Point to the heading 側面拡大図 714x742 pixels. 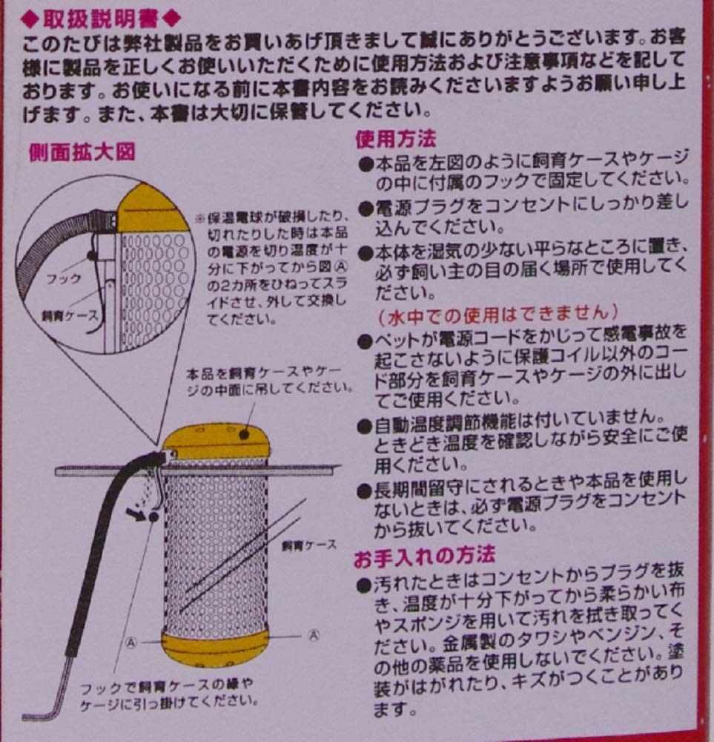[x=82, y=152]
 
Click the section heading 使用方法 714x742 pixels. [x=396, y=139]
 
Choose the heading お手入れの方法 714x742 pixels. [x=424, y=556]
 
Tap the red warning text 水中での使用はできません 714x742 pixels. [x=498, y=314]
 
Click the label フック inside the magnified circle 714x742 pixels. [x=63, y=279]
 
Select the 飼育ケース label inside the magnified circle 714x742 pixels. [x=70, y=315]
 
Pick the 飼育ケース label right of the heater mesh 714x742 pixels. [x=308, y=545]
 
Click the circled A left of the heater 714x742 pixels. [x=131, y=643]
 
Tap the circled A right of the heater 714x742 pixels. [x=314, y=635]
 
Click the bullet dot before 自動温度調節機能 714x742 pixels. [x=365, y=427]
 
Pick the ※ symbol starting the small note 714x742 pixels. [x=200, y=219]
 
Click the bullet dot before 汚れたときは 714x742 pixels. [x=363, y=586]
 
